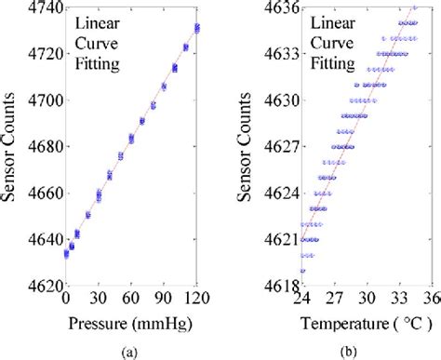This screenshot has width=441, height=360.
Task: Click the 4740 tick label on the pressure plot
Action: [x=42, y=7]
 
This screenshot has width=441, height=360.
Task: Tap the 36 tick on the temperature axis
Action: [x=433, y=297]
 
